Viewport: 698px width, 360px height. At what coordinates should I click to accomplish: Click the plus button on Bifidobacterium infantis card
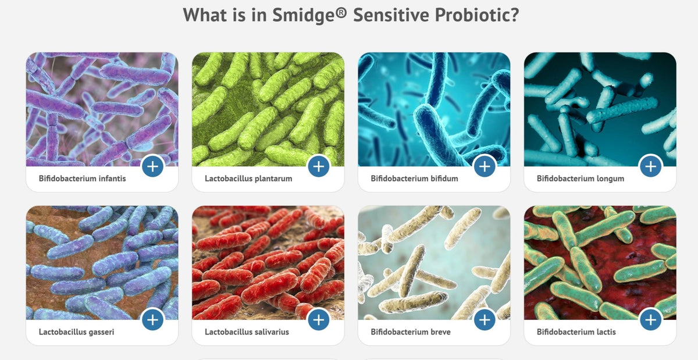[152, 166]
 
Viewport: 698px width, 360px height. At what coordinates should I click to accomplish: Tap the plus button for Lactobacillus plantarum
[319, 166]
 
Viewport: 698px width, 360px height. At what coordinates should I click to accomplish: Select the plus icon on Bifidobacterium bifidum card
[485, 166]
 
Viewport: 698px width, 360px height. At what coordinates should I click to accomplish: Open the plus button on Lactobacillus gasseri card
[152, 319]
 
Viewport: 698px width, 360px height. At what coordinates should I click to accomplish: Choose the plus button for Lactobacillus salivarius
[319, 319]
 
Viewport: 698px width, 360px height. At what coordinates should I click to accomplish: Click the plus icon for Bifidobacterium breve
[485, 319]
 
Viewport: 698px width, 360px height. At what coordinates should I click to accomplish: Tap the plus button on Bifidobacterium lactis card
[651, 319]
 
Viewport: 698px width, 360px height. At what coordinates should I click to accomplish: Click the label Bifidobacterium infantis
[82, 179]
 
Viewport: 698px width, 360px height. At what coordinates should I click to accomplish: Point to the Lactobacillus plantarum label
[248, 179]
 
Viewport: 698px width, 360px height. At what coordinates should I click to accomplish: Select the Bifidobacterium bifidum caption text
[414, 179]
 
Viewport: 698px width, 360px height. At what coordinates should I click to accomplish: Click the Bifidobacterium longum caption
[581, 179]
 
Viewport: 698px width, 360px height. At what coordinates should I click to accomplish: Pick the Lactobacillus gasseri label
[76, 332]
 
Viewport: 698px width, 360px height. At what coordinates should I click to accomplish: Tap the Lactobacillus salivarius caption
[247, 332]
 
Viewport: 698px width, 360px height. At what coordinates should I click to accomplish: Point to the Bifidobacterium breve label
[411, 332]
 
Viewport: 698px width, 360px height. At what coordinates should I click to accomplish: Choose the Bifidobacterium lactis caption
[576, 332]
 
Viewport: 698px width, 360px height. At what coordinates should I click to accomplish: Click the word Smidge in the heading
[303, 15]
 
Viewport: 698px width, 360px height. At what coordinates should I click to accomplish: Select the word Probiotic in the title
[477, 15]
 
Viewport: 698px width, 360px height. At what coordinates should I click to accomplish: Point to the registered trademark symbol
[341, 12]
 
